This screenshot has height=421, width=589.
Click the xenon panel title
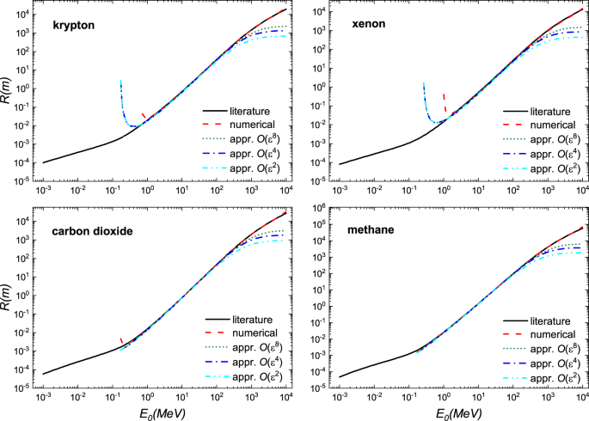tap(365, 26)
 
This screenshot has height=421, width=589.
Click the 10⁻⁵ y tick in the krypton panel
tap(23, 181)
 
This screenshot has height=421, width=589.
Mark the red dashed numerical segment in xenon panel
tap(444, 102)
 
